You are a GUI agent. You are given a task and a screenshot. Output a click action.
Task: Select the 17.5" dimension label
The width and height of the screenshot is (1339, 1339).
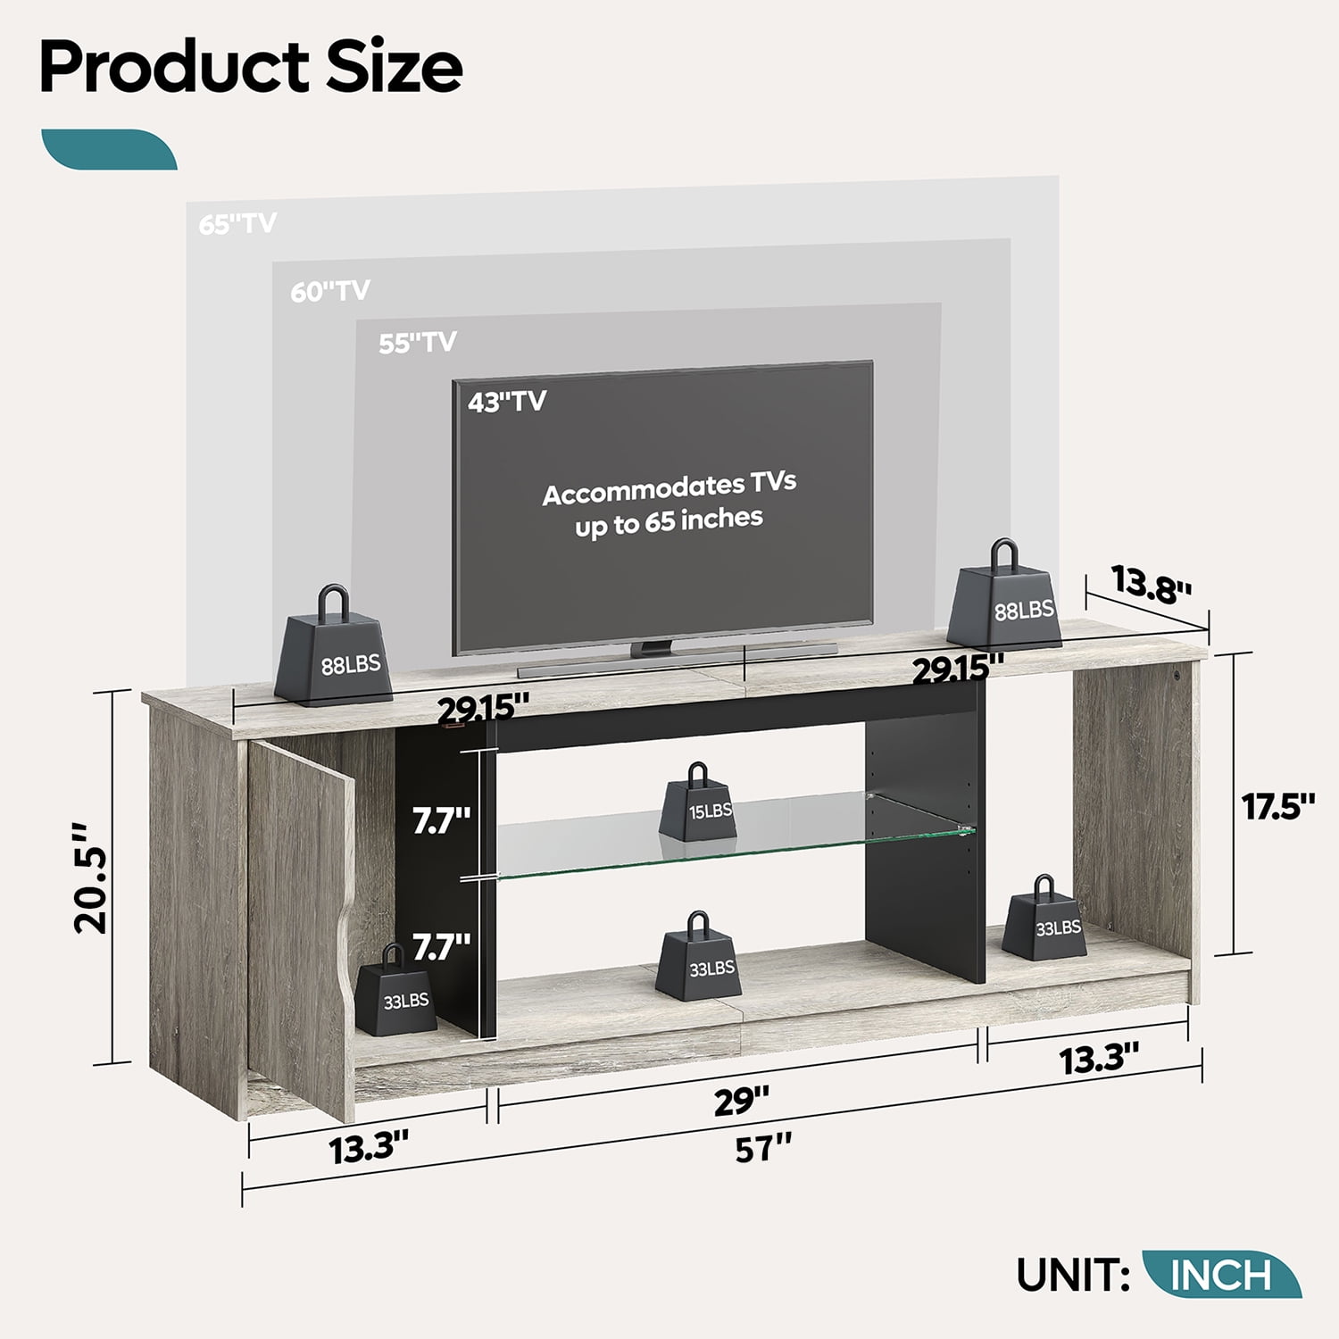[1278, 806]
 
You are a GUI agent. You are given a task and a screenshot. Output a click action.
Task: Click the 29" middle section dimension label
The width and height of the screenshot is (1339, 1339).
[741, 1101]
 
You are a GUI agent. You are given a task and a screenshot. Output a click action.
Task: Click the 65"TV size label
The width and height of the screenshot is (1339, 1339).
[237, 223]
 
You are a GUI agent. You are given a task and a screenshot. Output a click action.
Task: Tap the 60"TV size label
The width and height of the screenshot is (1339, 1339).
[329, 291]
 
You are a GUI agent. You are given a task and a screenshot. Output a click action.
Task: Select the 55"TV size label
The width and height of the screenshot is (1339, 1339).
[417, 343]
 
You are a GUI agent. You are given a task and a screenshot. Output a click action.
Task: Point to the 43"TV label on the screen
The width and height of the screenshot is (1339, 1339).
[506, 402]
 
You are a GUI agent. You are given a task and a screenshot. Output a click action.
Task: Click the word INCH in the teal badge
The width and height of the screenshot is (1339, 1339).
[1220, 1275]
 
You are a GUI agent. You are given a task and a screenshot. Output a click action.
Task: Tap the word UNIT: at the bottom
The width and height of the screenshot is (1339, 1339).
[1074, 1275]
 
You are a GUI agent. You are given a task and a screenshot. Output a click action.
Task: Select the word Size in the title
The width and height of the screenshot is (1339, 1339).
[394, 68]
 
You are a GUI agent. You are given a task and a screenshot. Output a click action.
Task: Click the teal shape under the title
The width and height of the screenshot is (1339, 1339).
[109, 149]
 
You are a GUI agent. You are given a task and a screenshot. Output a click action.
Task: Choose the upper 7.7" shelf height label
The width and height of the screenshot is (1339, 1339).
[441, 819]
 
